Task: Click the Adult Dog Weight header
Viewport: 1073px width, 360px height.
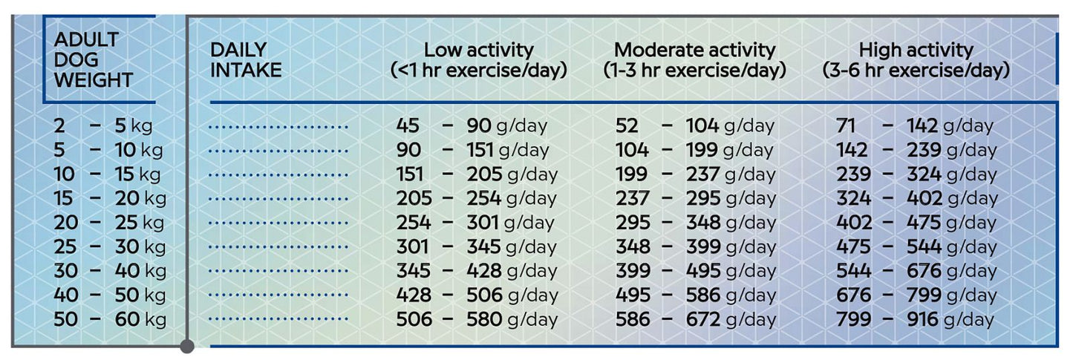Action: coord(93,60)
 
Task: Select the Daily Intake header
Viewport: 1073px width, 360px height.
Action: coord(246,60)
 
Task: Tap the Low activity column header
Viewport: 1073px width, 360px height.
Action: coord(479,60)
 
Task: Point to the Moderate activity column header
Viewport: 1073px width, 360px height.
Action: coord(694,60)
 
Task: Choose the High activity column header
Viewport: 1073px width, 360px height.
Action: coord(916,60)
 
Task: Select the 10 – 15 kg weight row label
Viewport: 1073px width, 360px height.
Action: coord(108,174)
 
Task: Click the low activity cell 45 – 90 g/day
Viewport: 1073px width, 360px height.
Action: coord(472,125)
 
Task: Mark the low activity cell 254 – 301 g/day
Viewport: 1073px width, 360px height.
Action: coord(476,223)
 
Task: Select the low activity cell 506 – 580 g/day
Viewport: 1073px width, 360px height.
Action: coord(476,320)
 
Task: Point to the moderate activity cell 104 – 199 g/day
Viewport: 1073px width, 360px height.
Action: coord(694,150)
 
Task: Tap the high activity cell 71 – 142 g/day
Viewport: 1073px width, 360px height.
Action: coord(914,125)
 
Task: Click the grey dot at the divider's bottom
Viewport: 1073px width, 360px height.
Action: coord(187,346)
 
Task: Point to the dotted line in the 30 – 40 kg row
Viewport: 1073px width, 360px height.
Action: coord(278,272)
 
